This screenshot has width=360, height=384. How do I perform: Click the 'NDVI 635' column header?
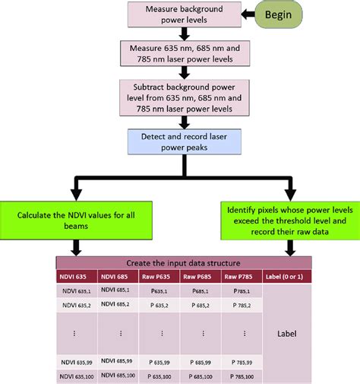coord(76,277)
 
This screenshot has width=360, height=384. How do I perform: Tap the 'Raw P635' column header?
coord(161,277)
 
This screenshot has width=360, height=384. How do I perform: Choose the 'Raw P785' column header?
coord(241,277)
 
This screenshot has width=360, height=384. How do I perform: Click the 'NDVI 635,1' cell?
coord(76,290)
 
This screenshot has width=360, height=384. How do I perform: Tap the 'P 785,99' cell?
coord(241,361)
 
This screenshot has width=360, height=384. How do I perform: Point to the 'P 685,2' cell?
coord(201,305)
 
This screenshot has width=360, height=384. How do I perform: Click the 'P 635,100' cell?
coord(161,376)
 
